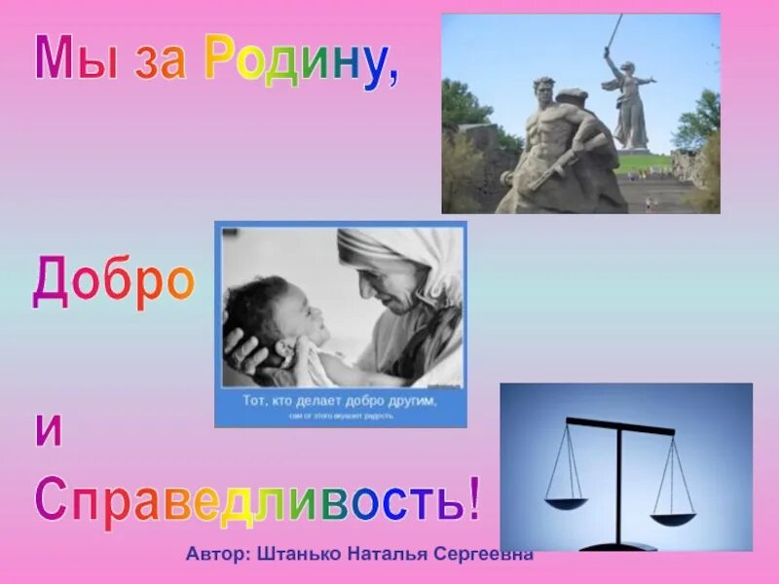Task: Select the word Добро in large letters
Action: [114, 282]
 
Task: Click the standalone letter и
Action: [49, 431]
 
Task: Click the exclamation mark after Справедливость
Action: [473, 497]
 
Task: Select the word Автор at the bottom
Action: [219, 553]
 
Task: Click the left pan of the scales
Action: [566, 503]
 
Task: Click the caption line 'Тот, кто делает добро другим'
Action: [340, 401]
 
